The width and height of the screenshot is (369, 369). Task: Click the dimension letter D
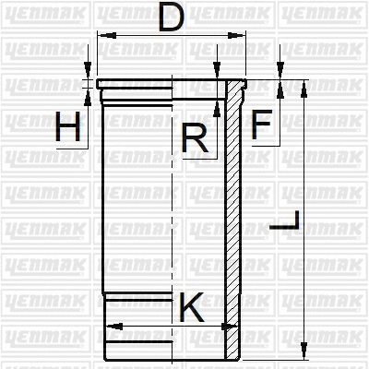pos(169,18)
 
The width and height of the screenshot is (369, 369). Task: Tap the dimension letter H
pos(67,127)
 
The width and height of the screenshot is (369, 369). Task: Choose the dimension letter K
pos(191,307)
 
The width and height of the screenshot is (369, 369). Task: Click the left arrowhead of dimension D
pos(101,35)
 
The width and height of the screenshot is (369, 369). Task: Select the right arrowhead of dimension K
pos(222,325)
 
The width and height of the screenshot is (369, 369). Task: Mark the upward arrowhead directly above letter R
pos(215,108)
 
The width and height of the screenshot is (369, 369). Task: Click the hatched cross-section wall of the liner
pos(234,221)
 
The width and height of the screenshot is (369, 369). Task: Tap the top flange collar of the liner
pos(166,88)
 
